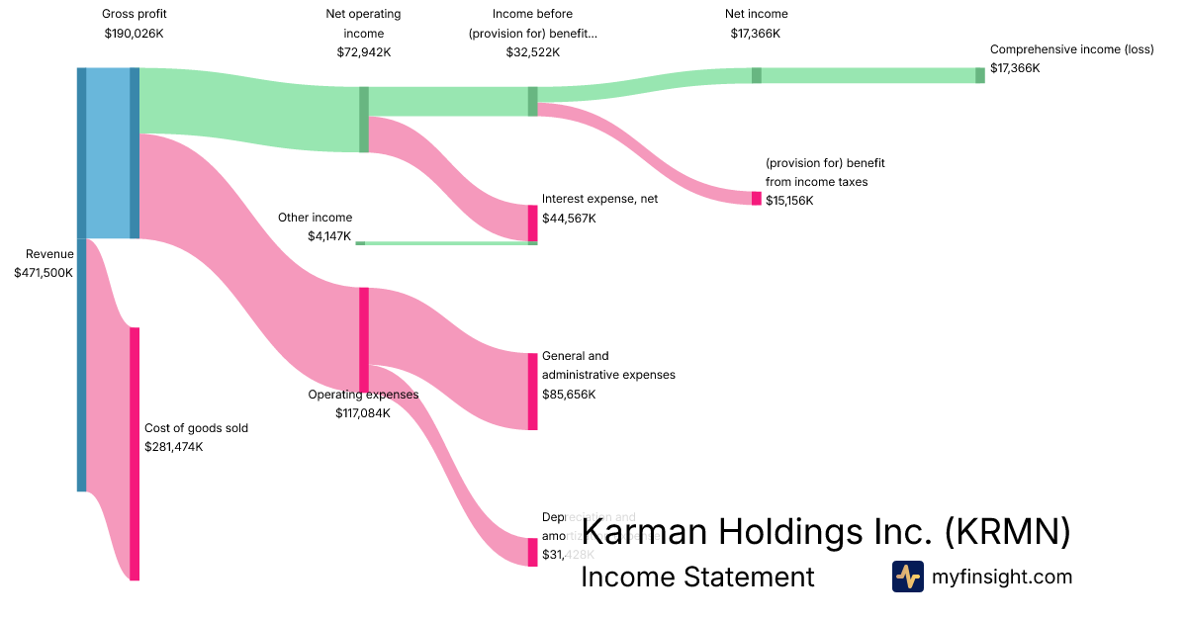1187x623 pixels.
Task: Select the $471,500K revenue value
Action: (44, 273)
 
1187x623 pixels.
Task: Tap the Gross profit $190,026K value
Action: (134, 33)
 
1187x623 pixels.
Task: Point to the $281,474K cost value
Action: (173, 447)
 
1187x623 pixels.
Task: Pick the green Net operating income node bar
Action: (364, 120)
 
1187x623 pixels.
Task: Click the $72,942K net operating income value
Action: (363, 52)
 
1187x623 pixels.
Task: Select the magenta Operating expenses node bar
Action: (364, 339)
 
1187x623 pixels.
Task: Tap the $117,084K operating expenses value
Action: (363, 413)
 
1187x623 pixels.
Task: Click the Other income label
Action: (315, 218)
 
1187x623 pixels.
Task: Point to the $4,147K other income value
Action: (329, 236)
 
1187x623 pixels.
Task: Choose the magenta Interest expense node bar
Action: (532, 222)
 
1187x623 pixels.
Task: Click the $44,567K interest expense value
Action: (569, 218)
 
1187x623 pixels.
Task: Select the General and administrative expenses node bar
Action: (532, 391)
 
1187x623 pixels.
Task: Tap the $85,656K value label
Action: (569, 395)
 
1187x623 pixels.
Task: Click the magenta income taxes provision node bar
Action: (757, 198)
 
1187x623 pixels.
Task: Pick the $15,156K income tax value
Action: (789, 201)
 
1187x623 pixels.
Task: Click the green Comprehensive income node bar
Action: (980, 75)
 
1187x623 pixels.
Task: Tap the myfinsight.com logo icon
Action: (907, 577)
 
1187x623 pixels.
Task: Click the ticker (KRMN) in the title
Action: (1007, 532)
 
